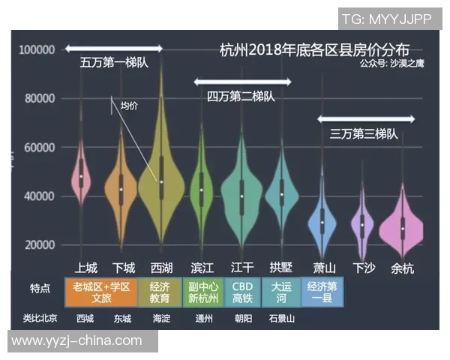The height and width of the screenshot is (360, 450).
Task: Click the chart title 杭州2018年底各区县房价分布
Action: pos(314,50)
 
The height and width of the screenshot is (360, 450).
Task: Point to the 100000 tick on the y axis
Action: pos(37,49)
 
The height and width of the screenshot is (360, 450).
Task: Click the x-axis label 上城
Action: pos(85,268)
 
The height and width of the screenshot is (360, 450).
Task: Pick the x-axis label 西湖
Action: pos(161,268)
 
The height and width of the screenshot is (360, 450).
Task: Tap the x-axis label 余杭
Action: pos(403,268)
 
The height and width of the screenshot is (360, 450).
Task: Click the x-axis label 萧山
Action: pos(324,268)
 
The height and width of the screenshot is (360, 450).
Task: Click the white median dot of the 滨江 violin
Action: pos(201,190)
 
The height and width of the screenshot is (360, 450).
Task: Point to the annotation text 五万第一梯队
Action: pos(114,63)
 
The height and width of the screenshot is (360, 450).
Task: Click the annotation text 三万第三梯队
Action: pos(364,133)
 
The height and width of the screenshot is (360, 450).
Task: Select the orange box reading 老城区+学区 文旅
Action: pos(100,292)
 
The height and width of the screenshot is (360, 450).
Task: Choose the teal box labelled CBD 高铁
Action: pos(242,292)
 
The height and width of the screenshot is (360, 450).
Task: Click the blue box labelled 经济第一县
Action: pos(322,292)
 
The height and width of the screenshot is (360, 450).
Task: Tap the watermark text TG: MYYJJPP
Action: pos(386,19)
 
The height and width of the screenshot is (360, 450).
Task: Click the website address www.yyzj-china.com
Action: pos(76,340)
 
